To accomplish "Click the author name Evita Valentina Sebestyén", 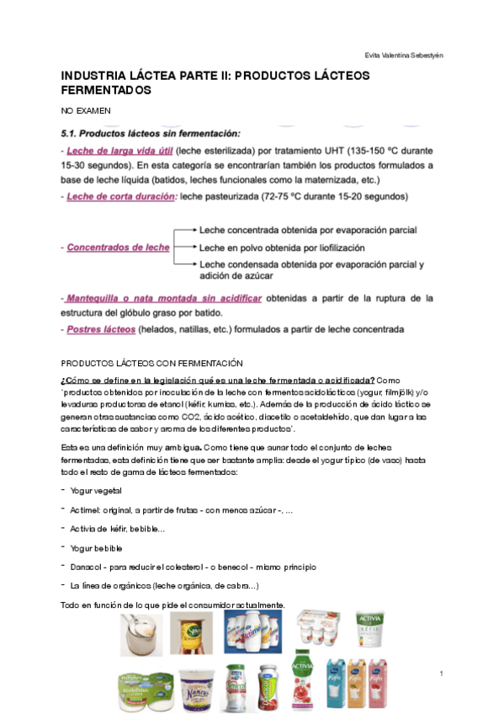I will [x=404, y=55].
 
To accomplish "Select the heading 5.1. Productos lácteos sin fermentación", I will [x=151, y=133].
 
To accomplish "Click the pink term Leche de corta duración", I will [x=119, y=196].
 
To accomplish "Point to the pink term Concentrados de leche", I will [x=118, y=248].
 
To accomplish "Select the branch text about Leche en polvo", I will [x=282, y=248].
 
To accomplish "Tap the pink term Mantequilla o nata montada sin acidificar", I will [x=164, y=298].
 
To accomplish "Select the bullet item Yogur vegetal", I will [x=96, y=490].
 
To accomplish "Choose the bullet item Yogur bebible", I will [x=97, y=547].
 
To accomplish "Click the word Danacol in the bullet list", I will [x=87, y=567].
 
